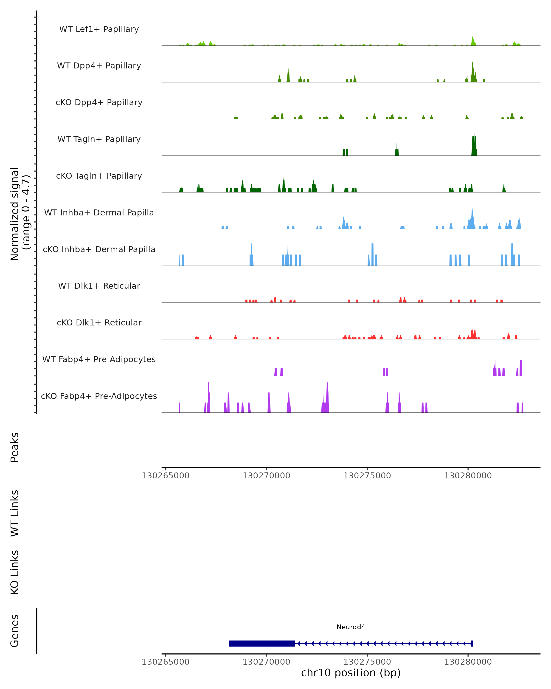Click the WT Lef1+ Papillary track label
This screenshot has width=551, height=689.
99,29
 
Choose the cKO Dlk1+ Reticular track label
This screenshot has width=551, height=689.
99,322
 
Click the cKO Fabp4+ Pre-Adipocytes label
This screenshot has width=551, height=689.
99,396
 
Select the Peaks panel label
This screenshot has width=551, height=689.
15,447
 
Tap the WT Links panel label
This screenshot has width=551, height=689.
15,513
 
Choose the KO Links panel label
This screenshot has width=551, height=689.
15,572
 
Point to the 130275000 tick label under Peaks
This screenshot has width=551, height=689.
367,476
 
